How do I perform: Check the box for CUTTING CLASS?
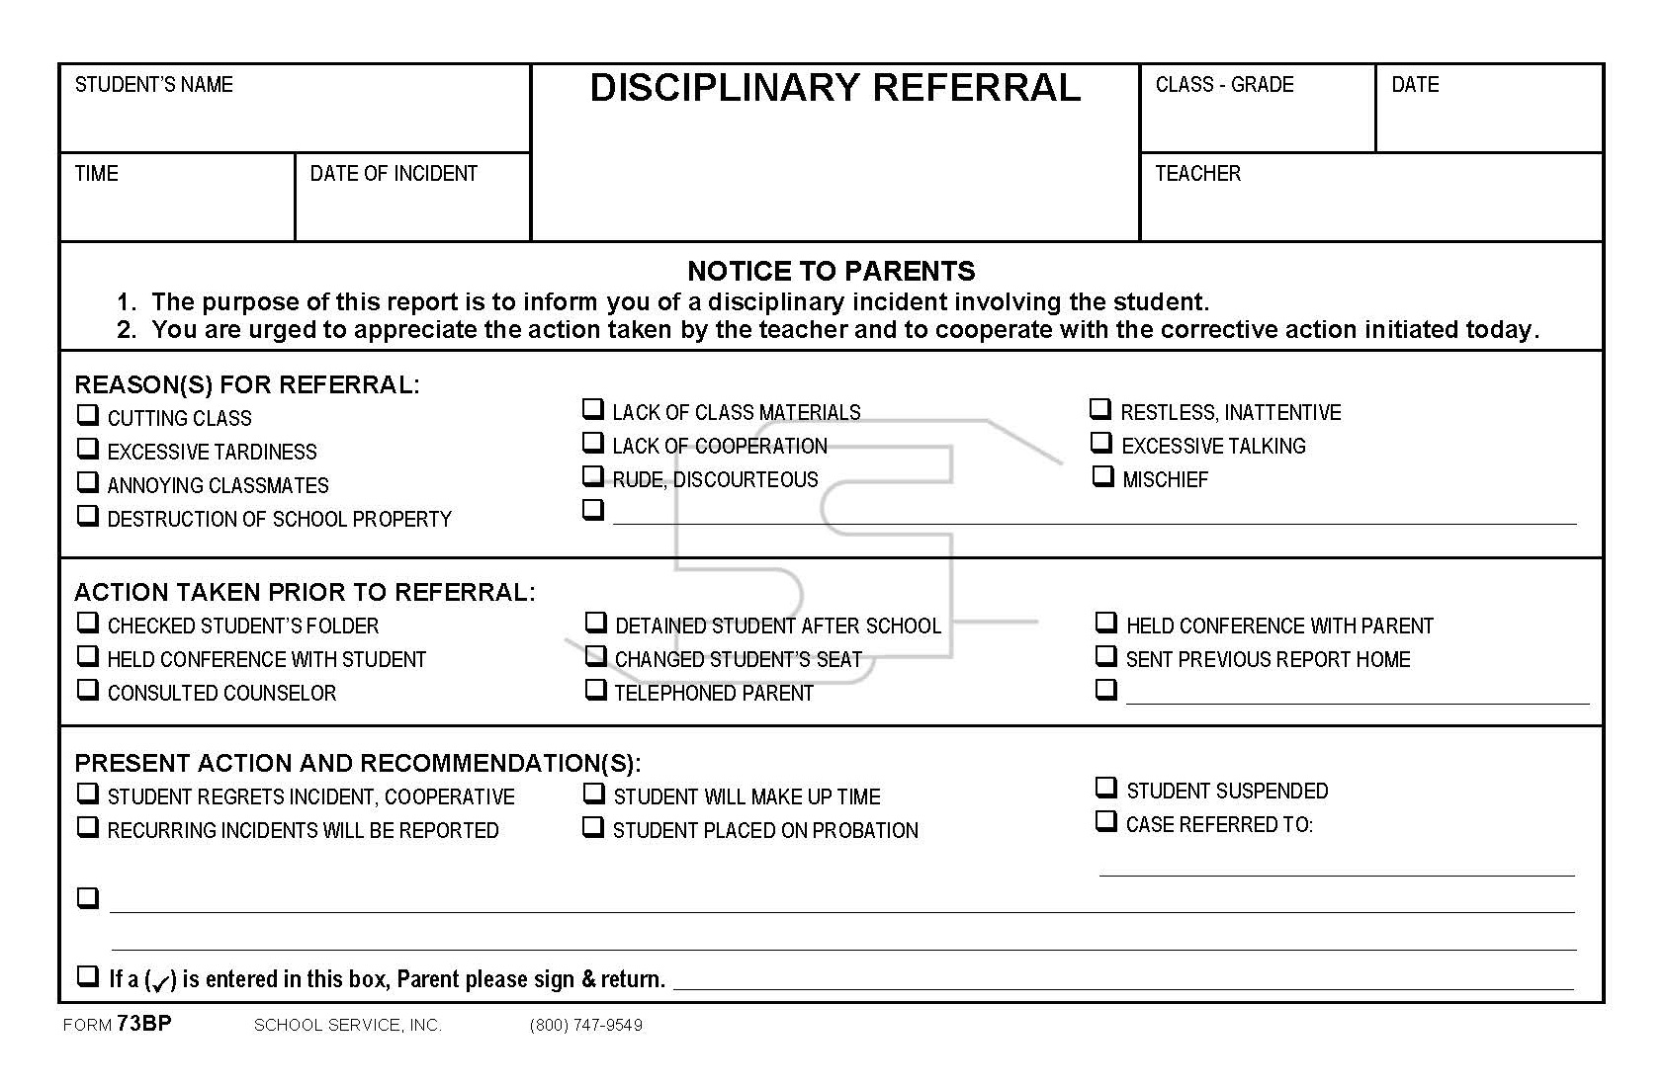tap(88, 415)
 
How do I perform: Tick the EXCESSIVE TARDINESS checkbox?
tap(88, 449)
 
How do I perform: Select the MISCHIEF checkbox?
tap(1102, 476)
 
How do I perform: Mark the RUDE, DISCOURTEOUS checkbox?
tap(593, 476)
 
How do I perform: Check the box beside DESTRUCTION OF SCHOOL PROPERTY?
tap(88, 516)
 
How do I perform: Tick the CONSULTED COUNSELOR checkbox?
tap(88, 690)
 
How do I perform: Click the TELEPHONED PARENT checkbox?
tap(595, 690)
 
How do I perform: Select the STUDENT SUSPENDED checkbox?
tap(1106, 788)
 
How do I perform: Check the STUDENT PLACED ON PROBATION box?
tap(593, 827)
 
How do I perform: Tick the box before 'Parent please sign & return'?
tap(88, 976)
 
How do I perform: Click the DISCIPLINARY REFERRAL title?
tap(834, 88)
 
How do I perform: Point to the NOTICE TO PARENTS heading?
tap(831, 271)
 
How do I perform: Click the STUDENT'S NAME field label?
tap(154, 85)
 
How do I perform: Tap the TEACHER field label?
tap(1197, 174)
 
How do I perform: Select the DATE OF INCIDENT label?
tap(394, 174)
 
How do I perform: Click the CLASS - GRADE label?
tap(1224, 85)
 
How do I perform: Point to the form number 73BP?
tap(143, 1024)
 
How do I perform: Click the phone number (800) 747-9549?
tap(586, 1026)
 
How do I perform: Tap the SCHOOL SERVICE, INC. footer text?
tap(348, 1026)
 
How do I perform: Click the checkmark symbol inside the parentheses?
tap(161, 981)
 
